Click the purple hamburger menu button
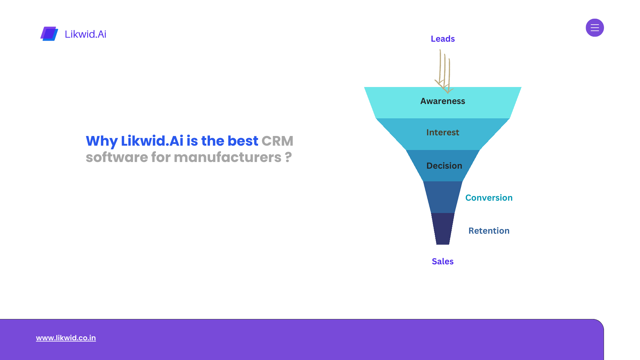[595, 28]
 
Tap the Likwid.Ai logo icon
[49, 34]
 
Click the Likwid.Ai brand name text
[85, 34]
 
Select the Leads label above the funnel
[443, 39]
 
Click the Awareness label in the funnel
[443, 101]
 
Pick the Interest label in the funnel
[443, 132]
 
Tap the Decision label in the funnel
[444, 166]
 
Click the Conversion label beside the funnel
[489, 198]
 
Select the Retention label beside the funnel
[489, 231]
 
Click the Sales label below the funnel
[443, 261]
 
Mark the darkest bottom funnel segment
[443, 229]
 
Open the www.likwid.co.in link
[66, 338]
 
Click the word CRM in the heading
[277, 141]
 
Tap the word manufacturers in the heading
[227, 157]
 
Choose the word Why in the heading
[101, 141]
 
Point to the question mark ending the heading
[288, 157]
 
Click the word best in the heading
[243, 141]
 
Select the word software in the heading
[117, 157]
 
